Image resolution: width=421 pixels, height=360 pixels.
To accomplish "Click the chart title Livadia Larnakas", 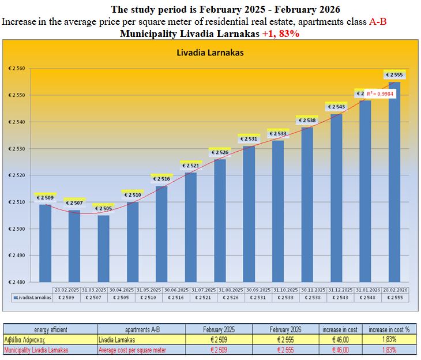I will click(210, 52).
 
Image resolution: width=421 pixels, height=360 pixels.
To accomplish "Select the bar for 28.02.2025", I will click(46, 242).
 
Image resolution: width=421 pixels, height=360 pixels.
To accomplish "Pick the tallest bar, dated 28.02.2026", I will click(394, 182).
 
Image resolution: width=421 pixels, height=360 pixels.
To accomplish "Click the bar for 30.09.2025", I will click(249, 213).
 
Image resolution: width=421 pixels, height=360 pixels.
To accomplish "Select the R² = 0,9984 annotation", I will click(379, 93).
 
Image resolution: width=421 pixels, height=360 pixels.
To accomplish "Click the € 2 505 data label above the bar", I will click(104, 208).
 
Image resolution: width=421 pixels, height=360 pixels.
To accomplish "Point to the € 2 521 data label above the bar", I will click(191, 166).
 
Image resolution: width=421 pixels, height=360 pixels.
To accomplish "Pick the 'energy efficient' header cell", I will click(51, 329).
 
